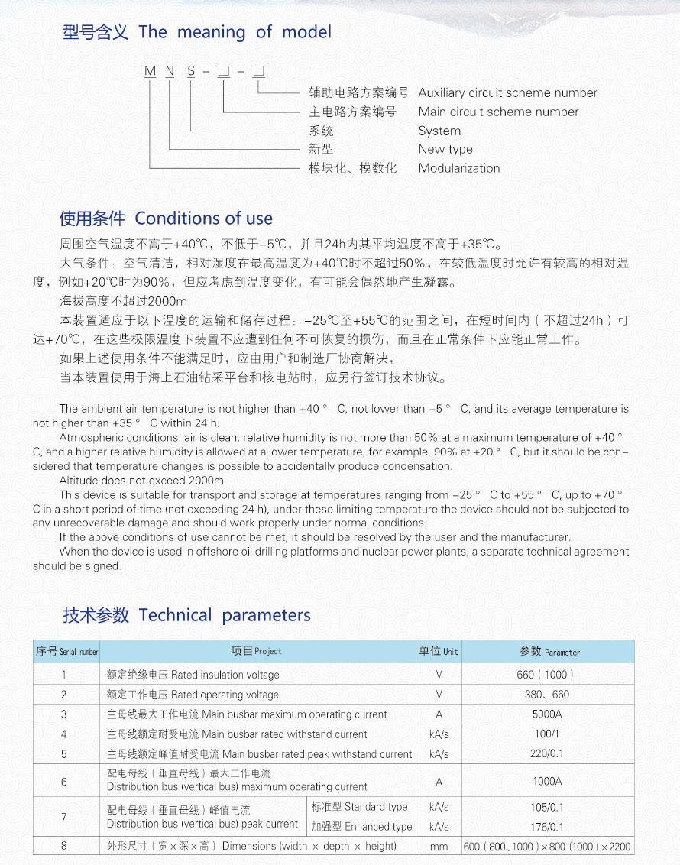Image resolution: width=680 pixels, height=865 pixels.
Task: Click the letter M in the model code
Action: (x=150, y=72)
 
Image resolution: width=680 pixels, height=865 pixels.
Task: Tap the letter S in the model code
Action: (x=191, y=72)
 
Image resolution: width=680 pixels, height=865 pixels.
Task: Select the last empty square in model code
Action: (x=258, y=72)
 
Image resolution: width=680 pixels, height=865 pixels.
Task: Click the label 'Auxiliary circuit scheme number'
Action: (x=507, y=92)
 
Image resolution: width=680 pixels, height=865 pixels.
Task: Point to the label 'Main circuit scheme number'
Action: (x=498, y=112)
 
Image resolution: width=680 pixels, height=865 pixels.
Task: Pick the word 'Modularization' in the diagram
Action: (x=458, y=168)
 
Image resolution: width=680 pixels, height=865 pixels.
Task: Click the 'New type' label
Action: (x=445, y=149)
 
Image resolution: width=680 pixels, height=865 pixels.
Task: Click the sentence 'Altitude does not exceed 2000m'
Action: (x=141, y=481)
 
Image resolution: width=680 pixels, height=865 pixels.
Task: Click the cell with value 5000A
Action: (x=547, y=714)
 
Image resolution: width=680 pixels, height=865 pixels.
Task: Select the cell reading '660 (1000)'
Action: (x=547, y=675)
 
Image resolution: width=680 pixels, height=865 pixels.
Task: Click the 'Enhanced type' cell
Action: (x=361, y=826)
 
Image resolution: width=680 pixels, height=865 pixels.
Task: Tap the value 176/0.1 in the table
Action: (x=547, y=826)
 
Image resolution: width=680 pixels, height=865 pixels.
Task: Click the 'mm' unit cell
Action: (x=439, y=846)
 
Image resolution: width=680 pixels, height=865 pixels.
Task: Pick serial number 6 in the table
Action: (x=64, y=782)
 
